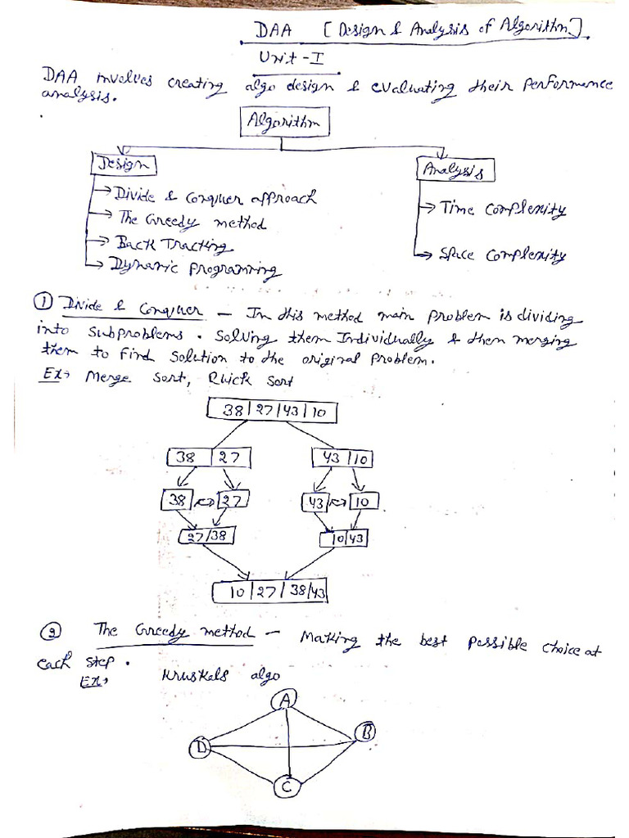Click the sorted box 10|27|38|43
tap(270, 590)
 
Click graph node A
tap(287, 698)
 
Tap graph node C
tap(287, 786)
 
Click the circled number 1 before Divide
tap(43, 302)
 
